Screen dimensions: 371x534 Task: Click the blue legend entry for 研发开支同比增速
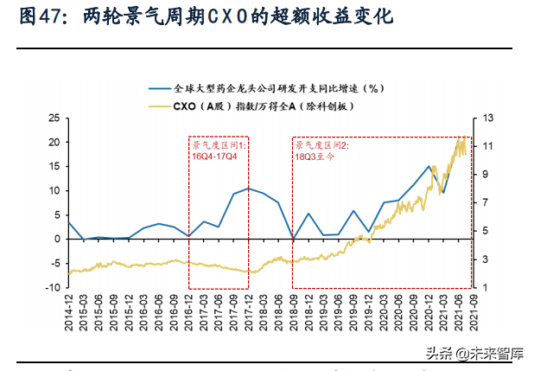point(277,87)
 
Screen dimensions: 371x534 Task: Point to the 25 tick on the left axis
point(53,118)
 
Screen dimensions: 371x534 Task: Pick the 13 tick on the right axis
point(487,118)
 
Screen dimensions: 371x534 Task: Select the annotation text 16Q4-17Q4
point(215,157)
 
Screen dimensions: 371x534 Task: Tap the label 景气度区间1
point(219,145)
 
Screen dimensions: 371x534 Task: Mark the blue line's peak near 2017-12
point(249,188)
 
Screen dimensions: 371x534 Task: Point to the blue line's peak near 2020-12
point(429,166)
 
